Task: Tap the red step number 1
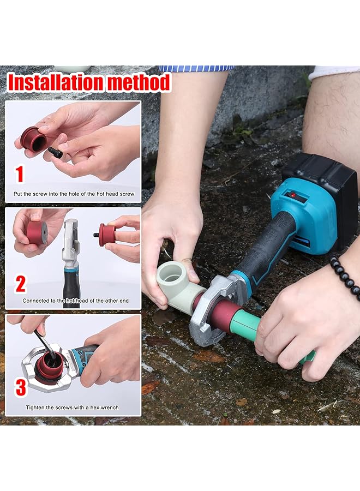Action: pos(20,174)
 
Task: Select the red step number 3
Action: pos(20,387)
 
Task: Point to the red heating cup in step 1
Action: pos(33,139)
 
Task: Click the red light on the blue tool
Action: pos(293,196)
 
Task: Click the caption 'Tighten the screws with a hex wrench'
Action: pos(73,408)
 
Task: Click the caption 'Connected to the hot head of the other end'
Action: pos(75,301)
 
